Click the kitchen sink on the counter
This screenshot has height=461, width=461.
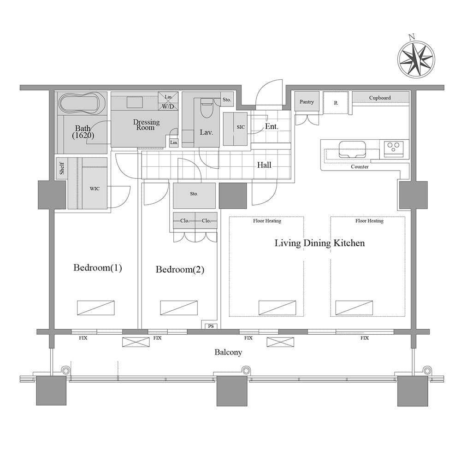[x=352, y=149]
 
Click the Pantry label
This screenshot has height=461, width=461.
[x=307, y=101]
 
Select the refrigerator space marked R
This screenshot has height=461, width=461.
[x=336, y=103]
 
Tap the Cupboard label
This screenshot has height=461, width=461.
[x=380, y=98]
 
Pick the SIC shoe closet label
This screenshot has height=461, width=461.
[x=241, y=127]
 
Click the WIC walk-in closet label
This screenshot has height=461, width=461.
[x=95, y=189]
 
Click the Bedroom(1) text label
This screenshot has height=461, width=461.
[x=98, y=268]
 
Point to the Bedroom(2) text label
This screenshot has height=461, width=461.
[x=180, y=270]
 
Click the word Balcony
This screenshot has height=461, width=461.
[x=228, y=352]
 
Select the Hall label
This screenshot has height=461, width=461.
[x=264, y=165]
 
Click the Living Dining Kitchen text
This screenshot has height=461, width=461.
[x=319, y=243]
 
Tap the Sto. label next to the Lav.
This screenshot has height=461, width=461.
[x=226, y=99]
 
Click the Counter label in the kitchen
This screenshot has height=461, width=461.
[x=360, y=166]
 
